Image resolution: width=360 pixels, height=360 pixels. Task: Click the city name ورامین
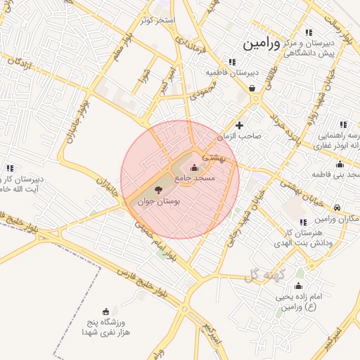262,44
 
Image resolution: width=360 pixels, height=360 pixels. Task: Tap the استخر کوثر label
156,20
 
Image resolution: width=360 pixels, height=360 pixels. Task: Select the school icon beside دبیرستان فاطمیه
233,62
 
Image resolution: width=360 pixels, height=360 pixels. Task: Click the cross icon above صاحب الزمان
240,125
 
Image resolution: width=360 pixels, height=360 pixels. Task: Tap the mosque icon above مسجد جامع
195,167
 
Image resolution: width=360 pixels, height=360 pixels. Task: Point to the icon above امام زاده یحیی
298,285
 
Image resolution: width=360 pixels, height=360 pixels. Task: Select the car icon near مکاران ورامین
337,207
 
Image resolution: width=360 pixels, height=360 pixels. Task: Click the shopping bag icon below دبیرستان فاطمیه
252,89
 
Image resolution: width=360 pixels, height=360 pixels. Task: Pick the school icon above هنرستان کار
303,222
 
